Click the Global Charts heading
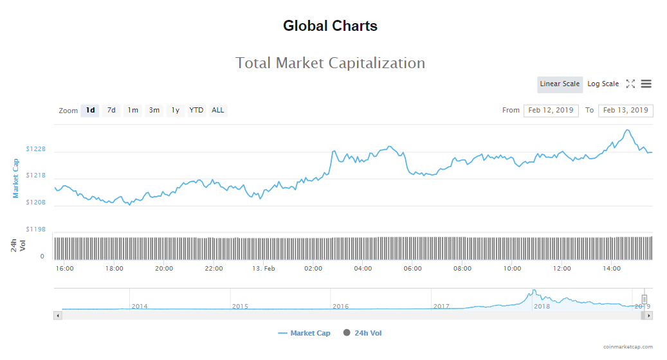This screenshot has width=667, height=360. tap(330, 26)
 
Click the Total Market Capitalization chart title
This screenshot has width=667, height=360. tap(330, 63)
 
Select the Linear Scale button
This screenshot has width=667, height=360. tap(560, 84)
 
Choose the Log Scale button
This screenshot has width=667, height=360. tap(603, 84)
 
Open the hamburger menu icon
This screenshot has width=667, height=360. tap(646, 84)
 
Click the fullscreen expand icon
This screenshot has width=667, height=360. tap(630, 84)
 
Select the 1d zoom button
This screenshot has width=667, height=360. tap(91, 111)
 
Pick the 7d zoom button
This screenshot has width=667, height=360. tap(111, 111)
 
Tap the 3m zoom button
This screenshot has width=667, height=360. tap(154, 111)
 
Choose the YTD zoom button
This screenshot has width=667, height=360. tap(196, 111)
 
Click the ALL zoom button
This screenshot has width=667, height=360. tap(218, 111)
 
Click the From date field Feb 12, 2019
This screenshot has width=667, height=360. tap(551, 111)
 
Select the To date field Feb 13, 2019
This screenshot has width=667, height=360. tap(625, 111)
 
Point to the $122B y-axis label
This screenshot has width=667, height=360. tap(36, 149)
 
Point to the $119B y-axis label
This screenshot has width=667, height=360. tap(36, 230)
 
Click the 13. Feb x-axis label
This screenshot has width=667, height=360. tap(264, 269)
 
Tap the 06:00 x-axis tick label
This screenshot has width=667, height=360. tap(413, 269)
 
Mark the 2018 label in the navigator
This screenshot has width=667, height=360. tap(542, 307)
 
